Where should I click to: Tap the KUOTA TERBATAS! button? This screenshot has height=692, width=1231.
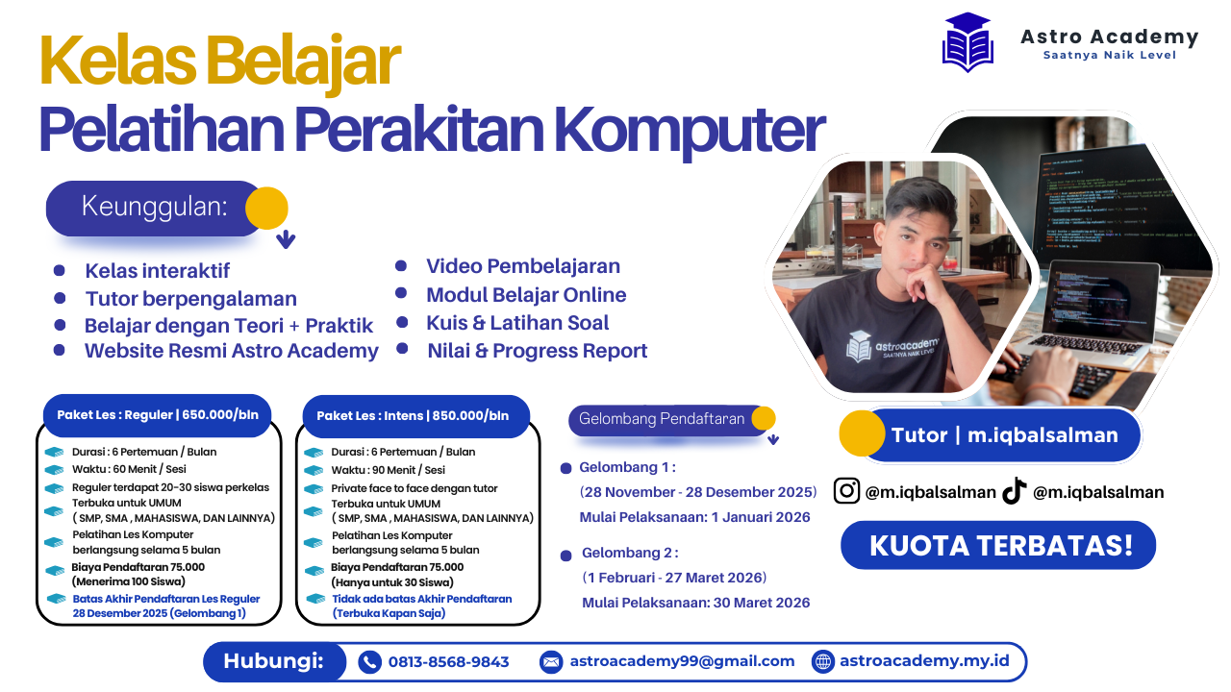[1000, 545]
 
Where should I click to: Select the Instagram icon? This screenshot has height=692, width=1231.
[846, 491]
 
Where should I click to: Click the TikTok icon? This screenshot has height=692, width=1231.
[1015, 491]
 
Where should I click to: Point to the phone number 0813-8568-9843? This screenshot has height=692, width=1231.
[448, 661]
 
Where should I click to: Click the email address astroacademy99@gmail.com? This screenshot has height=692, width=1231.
[682, 661]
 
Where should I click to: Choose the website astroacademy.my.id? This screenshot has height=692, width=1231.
[924, 661]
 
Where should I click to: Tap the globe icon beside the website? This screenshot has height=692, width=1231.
[822, 661]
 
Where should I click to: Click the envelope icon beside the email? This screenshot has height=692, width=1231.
[551, 661]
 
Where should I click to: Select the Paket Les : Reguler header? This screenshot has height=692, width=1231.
[158, 415]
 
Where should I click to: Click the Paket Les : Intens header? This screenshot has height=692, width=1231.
[413, 416]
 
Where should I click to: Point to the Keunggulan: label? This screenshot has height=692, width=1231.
[155, 207]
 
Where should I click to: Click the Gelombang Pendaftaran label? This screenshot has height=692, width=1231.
[662, 419]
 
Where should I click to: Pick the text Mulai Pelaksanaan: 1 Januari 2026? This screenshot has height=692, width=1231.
[694, 517]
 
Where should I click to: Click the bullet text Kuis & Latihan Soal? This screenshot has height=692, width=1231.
[517, 323]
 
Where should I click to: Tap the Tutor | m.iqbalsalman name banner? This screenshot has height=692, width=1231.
[1004, 435]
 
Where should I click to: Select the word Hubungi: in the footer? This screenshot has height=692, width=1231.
[272, 661]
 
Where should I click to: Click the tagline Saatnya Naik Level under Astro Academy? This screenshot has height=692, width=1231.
[1109, 55]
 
